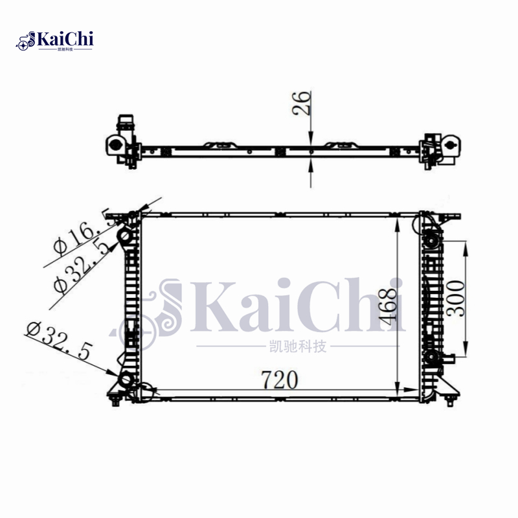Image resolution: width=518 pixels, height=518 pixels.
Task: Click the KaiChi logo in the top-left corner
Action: point(56,40)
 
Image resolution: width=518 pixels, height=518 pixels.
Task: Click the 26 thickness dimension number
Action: point(302,104)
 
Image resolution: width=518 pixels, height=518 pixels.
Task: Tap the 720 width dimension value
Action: point(279,379)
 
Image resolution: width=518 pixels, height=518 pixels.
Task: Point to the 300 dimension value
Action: point(457,298)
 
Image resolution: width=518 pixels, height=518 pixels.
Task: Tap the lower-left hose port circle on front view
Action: point(124,380)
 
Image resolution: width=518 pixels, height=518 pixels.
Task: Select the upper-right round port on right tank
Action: point(431,241)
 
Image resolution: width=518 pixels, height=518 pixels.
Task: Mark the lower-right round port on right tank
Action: point(431,357)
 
